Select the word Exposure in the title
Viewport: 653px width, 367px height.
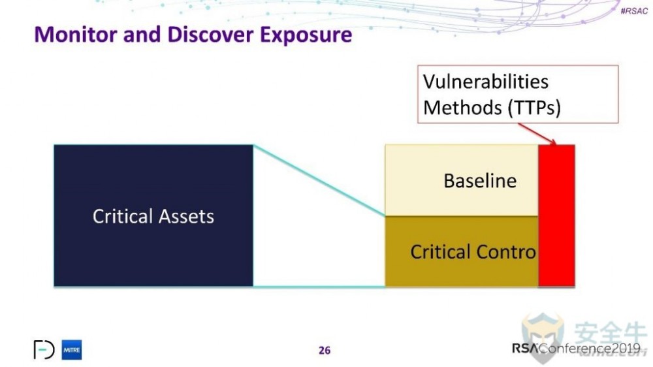pos(306,34)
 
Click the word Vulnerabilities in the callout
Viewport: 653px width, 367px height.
pos(486,82)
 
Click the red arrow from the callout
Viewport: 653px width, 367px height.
pos(541,133)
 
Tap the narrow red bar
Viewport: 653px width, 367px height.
pos(556,215)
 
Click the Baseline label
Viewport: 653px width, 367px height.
pos(480,180)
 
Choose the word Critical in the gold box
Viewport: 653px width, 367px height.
pos(440,251)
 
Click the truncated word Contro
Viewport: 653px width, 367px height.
pos(505,251)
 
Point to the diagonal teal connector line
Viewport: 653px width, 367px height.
pos(319,180)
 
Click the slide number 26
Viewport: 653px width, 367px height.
pos(325,351)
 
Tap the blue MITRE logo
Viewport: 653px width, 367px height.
pos(72,350)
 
